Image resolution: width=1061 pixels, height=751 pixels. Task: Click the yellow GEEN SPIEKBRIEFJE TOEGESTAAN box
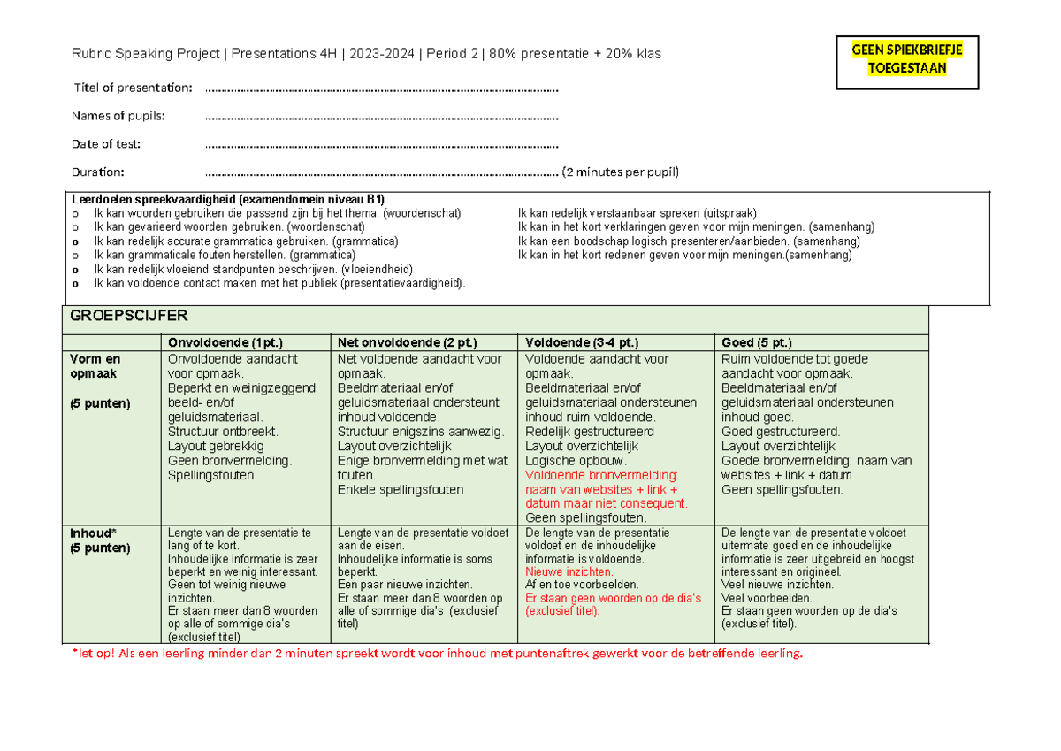tap(907, 60)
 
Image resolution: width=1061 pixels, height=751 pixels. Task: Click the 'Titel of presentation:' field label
tap(133, 88)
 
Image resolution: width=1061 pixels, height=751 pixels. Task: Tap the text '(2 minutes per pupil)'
tap(621, 172)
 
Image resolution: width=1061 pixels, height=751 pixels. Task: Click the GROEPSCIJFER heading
tap(128, 316)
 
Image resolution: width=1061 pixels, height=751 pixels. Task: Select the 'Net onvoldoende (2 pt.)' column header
tap(407, 343)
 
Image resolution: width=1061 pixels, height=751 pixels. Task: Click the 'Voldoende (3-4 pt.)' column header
tap(581, 343)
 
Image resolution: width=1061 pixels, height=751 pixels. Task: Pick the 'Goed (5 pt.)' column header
tap(756, 343)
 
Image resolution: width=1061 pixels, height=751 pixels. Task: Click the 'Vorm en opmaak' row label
tap(95, 366)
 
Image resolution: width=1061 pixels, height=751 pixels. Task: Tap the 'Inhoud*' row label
tap(92, 533)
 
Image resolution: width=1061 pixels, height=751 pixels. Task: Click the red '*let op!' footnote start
tap(93, 654)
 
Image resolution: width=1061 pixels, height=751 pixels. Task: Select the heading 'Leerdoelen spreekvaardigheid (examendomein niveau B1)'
tap(227, 199)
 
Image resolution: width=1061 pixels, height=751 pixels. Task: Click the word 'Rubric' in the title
tap(90, 54)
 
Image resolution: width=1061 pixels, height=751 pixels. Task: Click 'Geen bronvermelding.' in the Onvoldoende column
tap(229, 461)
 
